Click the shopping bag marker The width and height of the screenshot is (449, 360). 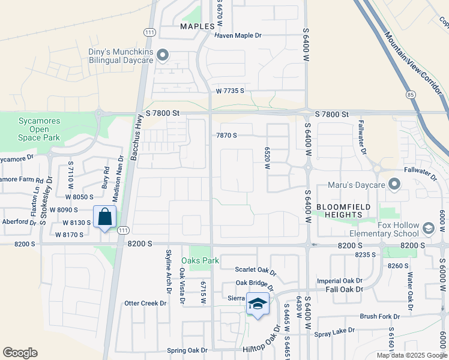(x=105, y=218)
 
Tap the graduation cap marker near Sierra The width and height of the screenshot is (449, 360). (x=258, y=305)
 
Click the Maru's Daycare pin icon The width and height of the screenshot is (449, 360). (x=394, y=184)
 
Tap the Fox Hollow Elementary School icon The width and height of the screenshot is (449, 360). (x=429, y=228)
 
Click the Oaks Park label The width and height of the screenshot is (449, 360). (x=200, y=261)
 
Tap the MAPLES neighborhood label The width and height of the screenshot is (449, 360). (x=197, y=27)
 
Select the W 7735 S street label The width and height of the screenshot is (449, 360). (x=229, y=91)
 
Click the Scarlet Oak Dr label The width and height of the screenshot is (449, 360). (x=255, y=270)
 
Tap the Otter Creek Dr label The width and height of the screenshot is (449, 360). (x=145, y=304)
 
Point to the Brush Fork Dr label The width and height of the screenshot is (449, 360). (x=379, y=316)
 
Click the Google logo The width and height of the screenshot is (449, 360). (x=20, y=353)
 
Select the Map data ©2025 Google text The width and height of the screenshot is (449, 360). (x=411, y=355)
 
